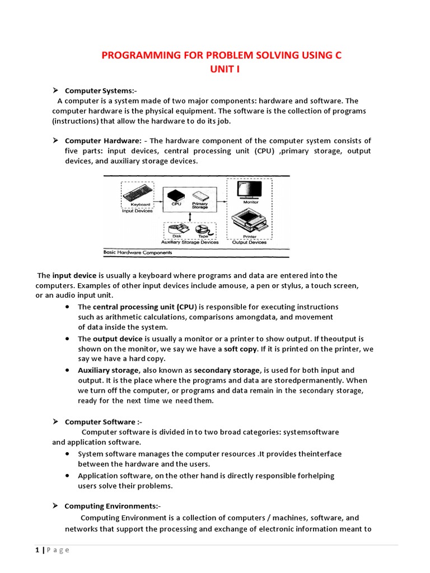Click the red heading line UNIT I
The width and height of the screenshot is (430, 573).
(x=220, y=68)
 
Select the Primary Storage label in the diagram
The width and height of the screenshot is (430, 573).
(x=200, y=205)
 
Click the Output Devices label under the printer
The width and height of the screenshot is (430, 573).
(x=249, y=242)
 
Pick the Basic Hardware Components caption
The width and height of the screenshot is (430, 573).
(x=138, y=252)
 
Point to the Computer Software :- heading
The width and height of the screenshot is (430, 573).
(x=100, y=422)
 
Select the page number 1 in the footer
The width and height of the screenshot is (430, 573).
(x=36, y=550)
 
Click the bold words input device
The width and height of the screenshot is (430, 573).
(x=74, y=275)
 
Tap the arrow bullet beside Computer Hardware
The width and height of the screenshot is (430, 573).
(x=56, y=140)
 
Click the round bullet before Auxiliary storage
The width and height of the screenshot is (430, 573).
(x=67, y=370)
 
